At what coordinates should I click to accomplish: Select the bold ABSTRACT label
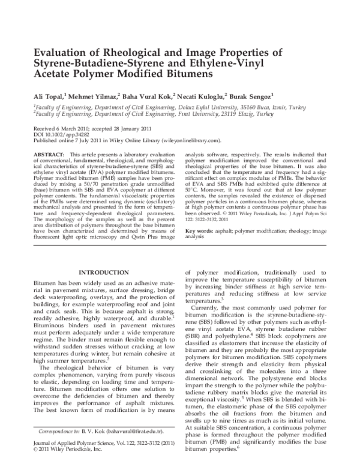pos(49,155)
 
